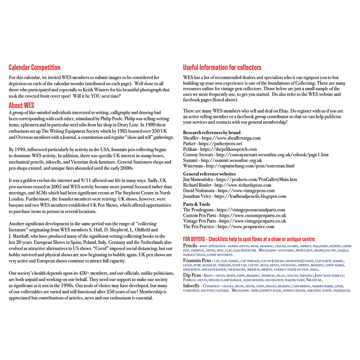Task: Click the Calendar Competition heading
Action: (34, 68)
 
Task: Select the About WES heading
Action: (21, 105)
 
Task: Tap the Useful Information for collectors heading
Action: (222, 68)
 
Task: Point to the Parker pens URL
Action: (220, 144)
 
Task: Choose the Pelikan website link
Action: (229, 149)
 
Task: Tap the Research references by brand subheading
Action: (212, 132)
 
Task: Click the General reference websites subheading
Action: (210, 174)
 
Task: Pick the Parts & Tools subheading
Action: (197, 204)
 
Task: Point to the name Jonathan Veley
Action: (198, 196)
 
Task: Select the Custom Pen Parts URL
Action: (253, 215)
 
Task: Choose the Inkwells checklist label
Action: (192, 286)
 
